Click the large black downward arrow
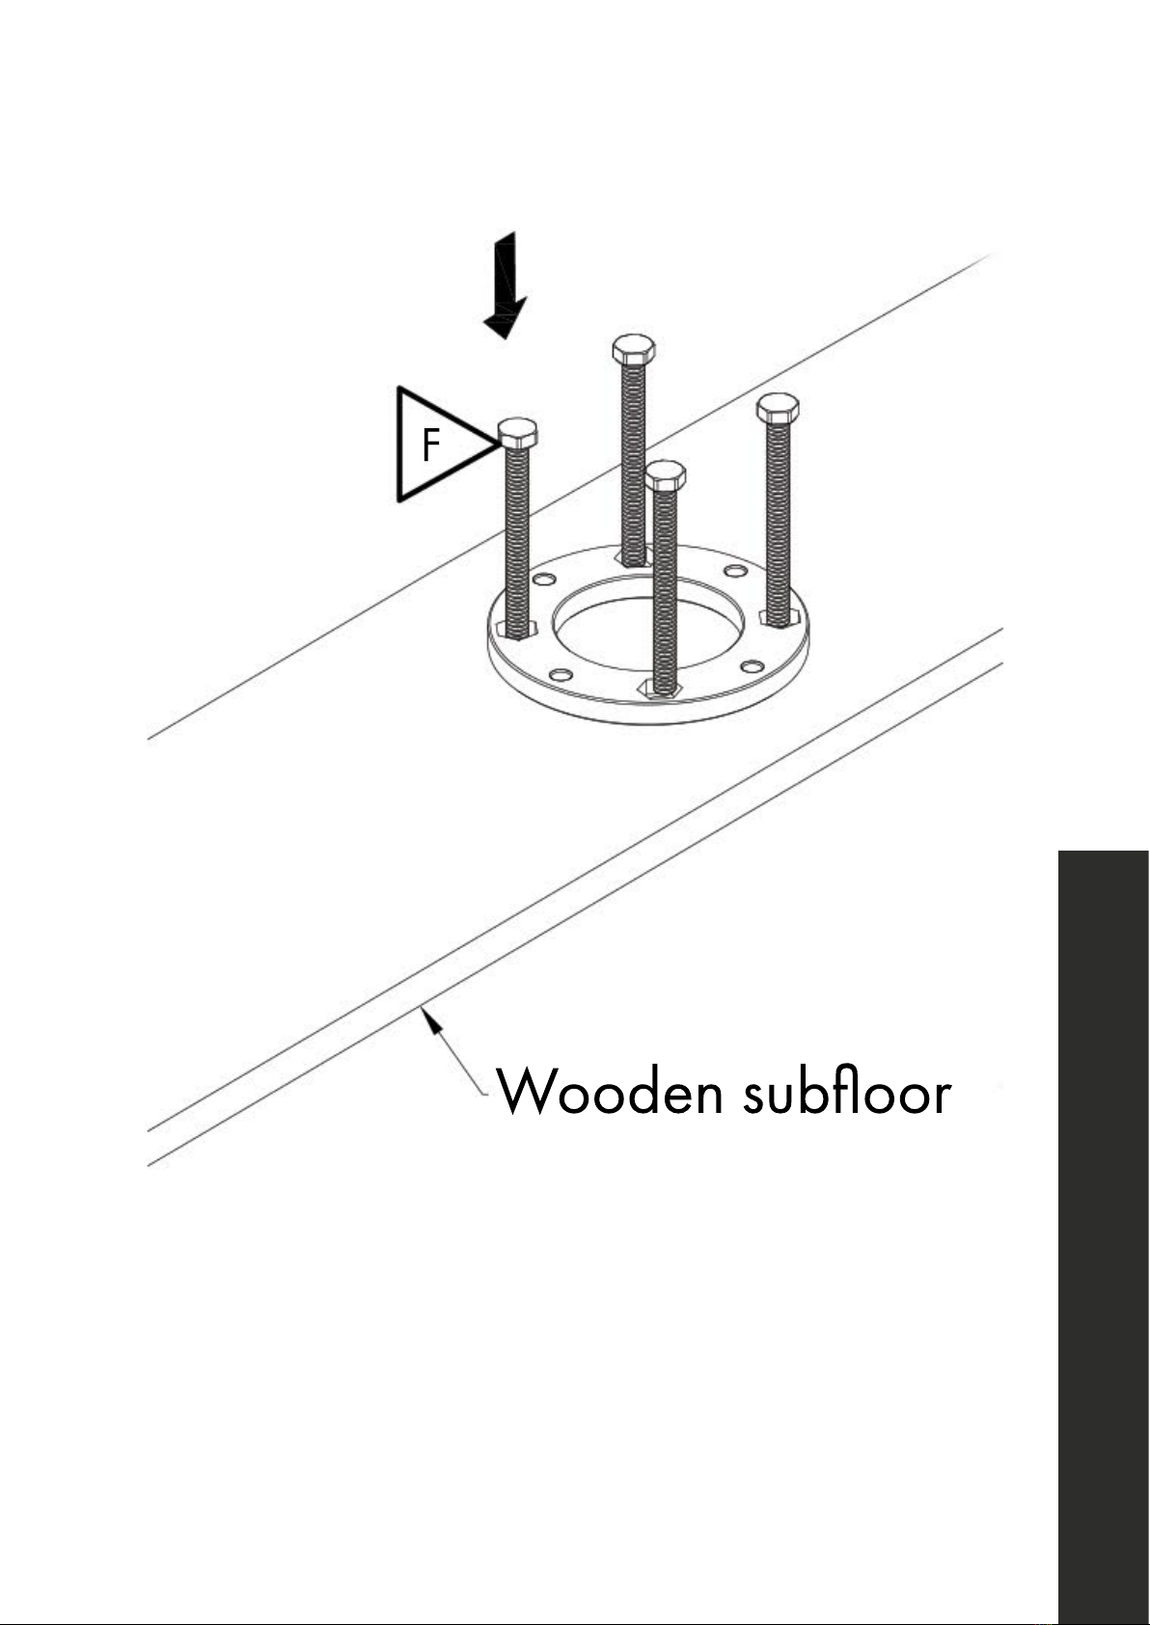click(507, 285)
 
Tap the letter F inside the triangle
click(430, 444)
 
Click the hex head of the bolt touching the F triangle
click(518, 433)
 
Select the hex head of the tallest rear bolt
click(634, 349)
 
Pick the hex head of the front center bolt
click(666, 475)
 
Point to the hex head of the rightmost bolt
click(778, 409)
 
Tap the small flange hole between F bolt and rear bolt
click(544, 580)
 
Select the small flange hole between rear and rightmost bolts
click(736, 571)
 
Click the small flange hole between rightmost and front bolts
click(753, 666)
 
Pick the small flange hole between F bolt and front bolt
click(561, 675)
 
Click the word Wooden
click(610, 1091)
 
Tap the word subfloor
click(847, 1089)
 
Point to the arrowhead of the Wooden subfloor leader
click(431, 1018)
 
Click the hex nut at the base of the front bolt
click(658, 689)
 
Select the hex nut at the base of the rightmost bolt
click(780, 618)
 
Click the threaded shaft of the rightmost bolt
click(779, 523)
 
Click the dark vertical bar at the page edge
click(1104, 1237)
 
